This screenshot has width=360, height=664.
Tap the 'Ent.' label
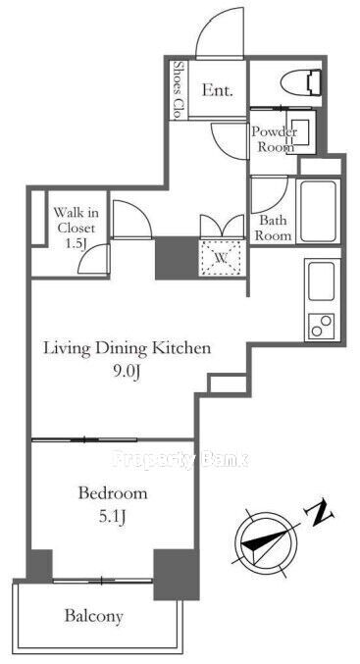(x=217, y=90)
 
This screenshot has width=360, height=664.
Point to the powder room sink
(x=301, y=131)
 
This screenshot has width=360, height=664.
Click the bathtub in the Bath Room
(x=319, y=211)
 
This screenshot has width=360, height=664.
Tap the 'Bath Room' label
(x=273, y=228)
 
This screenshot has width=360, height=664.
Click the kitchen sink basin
(x=321, y=281)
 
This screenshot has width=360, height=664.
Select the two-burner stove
(x=321, y=326)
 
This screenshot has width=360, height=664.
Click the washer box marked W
(x=222, y=259)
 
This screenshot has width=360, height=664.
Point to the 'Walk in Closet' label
(x=77, y=220)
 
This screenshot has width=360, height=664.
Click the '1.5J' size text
(x=84, y=246)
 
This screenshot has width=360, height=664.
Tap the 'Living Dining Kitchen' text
(x=128, y=349)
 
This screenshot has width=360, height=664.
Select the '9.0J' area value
(x=127, y=373)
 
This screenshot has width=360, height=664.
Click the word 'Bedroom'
(x=113, y=493)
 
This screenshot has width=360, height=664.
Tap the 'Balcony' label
(x=93, y=616)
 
